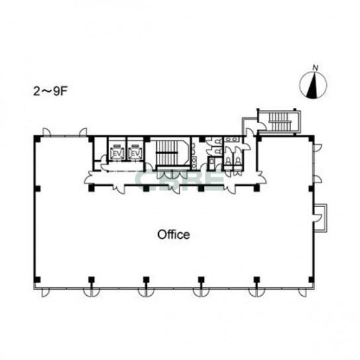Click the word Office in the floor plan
[173, 235]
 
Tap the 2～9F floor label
[50, 91]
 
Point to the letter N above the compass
[316, 67]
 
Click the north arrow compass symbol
[313, 85]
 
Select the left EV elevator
[117, 153]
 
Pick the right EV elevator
[136, 153]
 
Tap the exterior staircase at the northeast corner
[280, 121]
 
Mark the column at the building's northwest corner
[37, 139]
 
